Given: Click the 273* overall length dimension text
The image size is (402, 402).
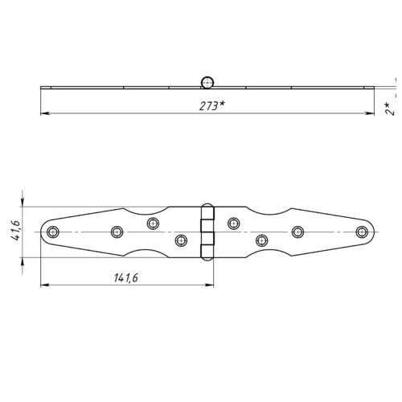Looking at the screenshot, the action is [x=211, y=106].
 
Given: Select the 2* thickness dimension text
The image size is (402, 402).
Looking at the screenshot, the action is [x=390, y=109].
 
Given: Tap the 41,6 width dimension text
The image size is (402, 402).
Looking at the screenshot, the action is [x=16, y=230].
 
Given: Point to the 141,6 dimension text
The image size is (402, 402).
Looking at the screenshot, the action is [x=126, y=277].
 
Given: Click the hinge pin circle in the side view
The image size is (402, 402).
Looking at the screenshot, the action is [x=207, y=82].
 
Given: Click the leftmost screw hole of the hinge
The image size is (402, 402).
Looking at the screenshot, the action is [x=53, y=232].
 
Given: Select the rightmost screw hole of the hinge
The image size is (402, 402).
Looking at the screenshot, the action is [x=362, y=232].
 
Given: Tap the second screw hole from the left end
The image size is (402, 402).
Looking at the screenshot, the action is [x=117, y=232].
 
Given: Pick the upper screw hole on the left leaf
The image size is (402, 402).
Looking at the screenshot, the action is [x=153, y=224].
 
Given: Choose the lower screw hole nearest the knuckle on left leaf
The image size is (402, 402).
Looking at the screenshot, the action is [x=181, y=240].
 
